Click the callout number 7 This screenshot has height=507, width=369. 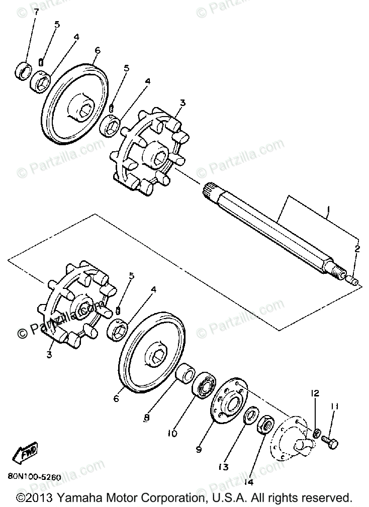(36, 12)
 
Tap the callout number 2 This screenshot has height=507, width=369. (357, 249)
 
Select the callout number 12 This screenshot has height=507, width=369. (315, 393)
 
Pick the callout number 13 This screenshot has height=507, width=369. (223, 467)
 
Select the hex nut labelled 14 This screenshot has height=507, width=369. (264, 426)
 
